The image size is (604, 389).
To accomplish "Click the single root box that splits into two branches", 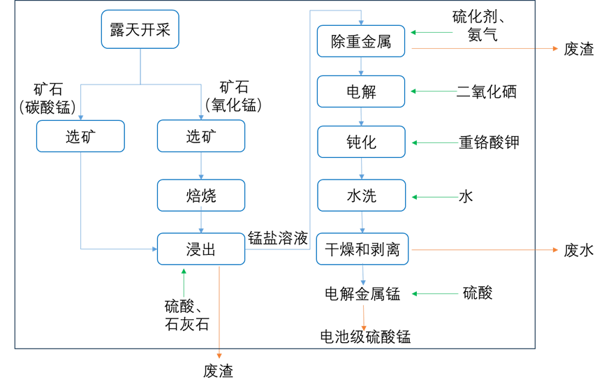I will [140, 29].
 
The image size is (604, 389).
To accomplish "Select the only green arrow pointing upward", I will [184, 283].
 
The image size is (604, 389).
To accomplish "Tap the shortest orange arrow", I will [363, 317].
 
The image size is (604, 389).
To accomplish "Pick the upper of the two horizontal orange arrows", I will [485, 48].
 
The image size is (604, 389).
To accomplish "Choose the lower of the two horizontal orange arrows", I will [485, 249].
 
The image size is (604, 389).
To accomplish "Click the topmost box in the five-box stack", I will [361, 41].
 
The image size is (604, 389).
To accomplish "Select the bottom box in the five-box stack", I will [362, 249].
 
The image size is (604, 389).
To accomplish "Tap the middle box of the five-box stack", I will [361, 142].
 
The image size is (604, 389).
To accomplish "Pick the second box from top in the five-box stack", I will [361, 91].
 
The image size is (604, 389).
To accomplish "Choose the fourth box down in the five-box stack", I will [361, 195].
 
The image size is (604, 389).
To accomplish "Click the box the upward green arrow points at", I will [201, 249].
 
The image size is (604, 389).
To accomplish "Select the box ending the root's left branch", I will [80, 135].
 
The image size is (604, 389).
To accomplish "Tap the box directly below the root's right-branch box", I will [201, 195].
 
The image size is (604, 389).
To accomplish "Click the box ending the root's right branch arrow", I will [201, 135].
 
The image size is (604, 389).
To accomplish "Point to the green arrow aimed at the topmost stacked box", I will [432, 32].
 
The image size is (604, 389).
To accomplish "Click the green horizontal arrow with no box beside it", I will [435, 294].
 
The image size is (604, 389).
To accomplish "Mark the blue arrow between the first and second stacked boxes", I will [361, 66].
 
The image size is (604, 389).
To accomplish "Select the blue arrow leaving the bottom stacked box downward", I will [362, 274].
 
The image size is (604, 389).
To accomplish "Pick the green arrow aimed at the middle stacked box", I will [435, 142].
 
